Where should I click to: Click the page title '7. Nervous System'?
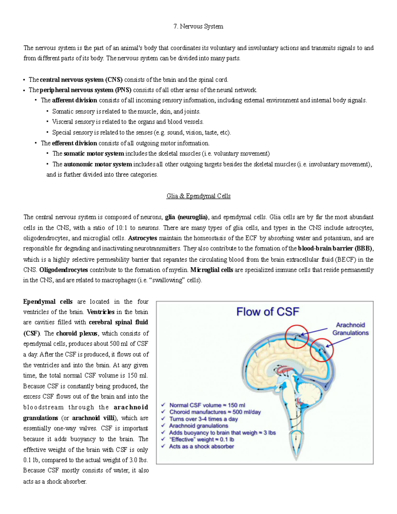198,26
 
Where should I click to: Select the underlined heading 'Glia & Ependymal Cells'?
198,196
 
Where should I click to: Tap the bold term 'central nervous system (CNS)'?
81,79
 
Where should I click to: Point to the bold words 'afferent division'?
74,100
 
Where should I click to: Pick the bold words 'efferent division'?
74,143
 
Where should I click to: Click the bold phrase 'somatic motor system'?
94,154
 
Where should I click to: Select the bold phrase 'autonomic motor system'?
98,164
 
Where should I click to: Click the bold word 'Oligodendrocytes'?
64,270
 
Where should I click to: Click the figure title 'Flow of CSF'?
268,312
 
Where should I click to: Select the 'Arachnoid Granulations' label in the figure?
350,329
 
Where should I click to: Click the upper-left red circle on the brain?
297,337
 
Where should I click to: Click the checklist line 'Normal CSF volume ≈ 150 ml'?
207,405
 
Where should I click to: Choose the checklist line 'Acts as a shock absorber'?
201,446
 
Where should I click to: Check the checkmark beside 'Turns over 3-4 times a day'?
163,419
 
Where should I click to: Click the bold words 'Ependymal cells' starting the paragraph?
48,302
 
